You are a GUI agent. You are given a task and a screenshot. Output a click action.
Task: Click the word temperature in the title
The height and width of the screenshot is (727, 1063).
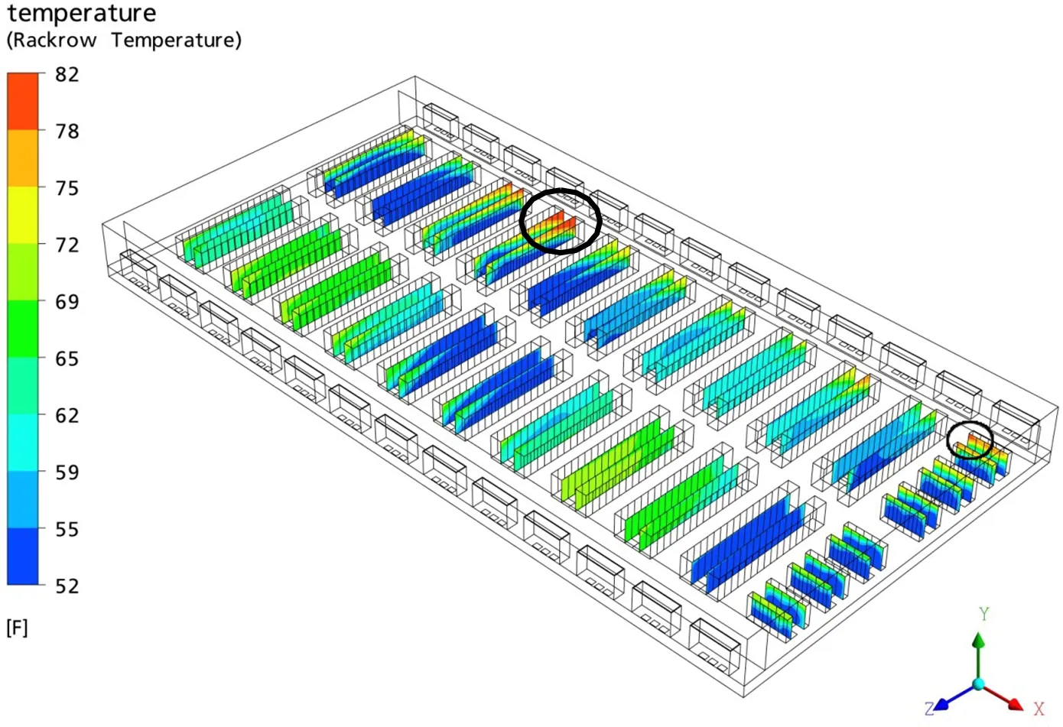(81, 14)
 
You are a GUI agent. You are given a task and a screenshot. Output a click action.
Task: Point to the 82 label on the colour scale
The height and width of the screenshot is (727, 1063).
(67, 74)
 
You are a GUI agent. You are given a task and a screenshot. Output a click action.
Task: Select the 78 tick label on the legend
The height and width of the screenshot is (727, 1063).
(67, 131)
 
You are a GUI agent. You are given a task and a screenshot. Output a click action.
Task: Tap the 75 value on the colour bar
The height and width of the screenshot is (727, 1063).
(67, 188)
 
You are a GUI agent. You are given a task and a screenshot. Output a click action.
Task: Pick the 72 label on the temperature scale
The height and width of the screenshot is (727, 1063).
(67, 245)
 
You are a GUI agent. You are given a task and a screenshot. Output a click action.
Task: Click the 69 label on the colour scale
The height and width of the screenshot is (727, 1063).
(67, 302)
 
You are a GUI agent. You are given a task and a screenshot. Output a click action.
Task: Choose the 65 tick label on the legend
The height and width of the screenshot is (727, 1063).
(67, 359)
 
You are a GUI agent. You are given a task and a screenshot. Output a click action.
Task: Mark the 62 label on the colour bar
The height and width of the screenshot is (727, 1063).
(67, 415)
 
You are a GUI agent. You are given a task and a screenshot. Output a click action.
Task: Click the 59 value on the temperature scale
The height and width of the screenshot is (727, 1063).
(67, 472)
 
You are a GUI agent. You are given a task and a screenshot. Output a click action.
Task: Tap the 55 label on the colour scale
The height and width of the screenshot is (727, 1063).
(67, 529)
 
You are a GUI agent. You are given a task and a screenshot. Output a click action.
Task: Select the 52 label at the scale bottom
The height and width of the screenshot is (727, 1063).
(67, 586)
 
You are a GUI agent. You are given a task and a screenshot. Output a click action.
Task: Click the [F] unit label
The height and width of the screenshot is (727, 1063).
(17, 628)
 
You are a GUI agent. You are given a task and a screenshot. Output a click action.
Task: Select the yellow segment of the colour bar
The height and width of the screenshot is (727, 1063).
(23, 215)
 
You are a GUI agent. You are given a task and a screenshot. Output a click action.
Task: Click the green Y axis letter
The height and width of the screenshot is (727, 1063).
(983, 614)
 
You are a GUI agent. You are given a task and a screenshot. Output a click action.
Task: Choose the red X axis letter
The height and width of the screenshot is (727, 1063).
(1039, 709)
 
